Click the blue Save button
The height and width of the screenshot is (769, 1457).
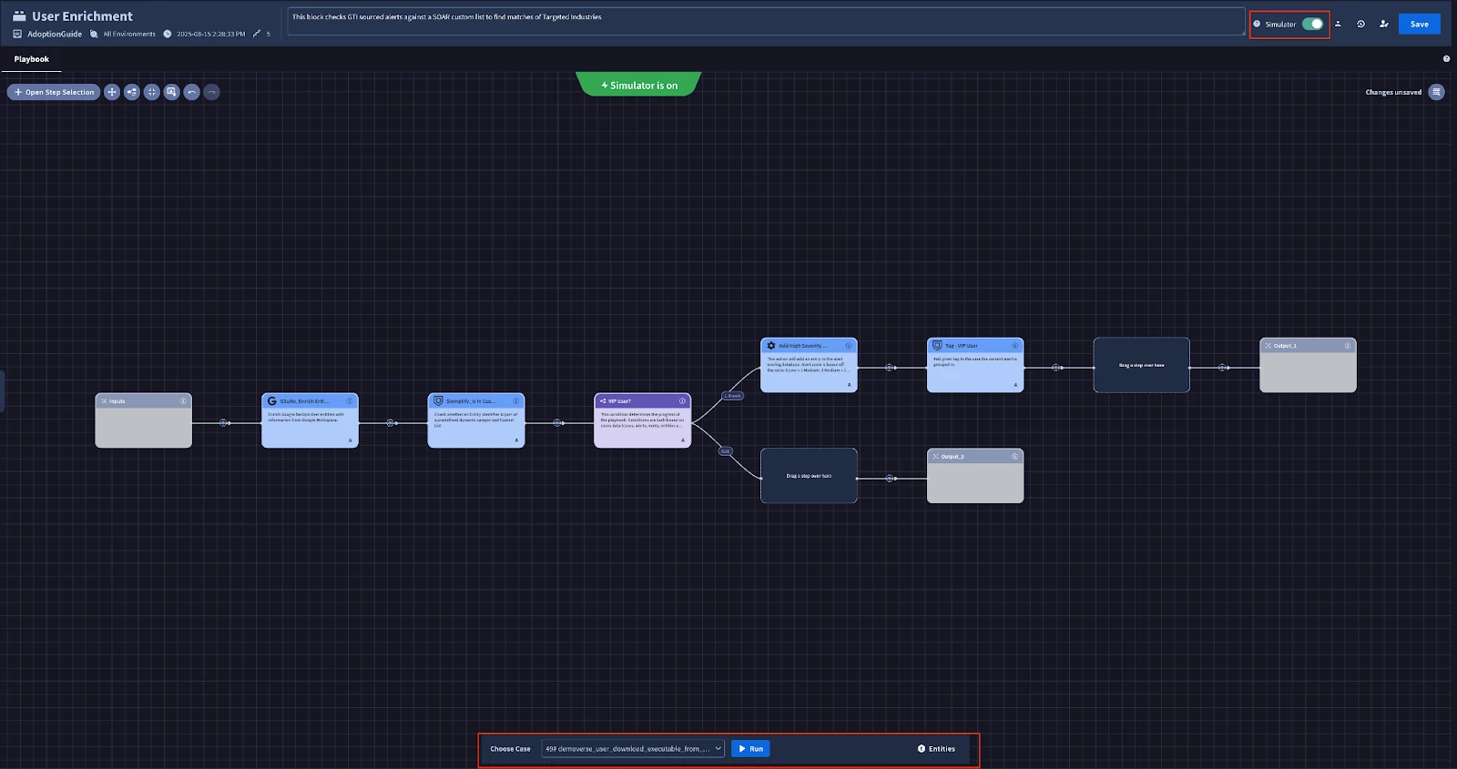1419,25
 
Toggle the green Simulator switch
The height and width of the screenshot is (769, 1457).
1312,25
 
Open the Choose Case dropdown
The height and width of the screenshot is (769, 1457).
633,749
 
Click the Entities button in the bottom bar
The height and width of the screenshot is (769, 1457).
936,749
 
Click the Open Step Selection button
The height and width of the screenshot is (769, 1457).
54,92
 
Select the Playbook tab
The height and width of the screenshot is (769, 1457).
32,59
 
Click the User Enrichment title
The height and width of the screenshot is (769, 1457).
82,16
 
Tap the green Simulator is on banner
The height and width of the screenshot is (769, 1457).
639,86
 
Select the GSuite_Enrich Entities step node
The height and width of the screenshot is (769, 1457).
310,420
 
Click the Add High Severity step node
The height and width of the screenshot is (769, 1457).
809,365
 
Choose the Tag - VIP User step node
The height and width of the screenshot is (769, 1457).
974,365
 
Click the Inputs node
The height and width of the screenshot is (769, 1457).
143,420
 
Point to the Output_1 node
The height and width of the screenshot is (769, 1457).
1308,365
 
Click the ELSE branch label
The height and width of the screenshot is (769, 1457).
726,451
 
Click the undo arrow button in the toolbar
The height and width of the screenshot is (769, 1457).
191,92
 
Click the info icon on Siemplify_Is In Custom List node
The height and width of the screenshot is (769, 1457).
516,401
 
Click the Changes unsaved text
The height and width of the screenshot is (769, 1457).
1392,92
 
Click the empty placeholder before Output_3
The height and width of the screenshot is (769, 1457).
809,476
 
